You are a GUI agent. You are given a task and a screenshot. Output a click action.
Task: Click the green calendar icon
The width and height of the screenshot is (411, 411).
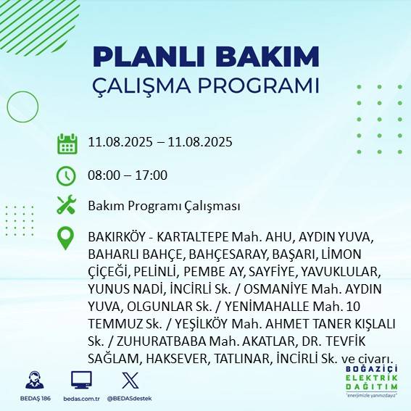[67, 143]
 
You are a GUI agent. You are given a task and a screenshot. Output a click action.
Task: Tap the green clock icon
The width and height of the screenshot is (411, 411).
[67, 175]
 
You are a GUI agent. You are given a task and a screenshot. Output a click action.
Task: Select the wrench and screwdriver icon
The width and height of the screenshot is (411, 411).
[67, 205]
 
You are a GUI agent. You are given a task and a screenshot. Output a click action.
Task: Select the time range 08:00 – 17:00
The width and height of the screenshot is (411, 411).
[128, 175]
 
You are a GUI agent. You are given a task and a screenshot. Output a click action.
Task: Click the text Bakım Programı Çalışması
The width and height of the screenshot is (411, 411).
[164, 206]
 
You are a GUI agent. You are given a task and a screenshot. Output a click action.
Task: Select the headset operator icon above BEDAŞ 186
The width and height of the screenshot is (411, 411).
[32, 380]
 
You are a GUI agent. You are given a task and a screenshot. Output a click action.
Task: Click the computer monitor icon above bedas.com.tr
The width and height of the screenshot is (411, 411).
[80, 380]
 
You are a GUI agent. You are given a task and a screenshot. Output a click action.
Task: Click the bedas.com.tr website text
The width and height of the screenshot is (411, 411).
[81, 398]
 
